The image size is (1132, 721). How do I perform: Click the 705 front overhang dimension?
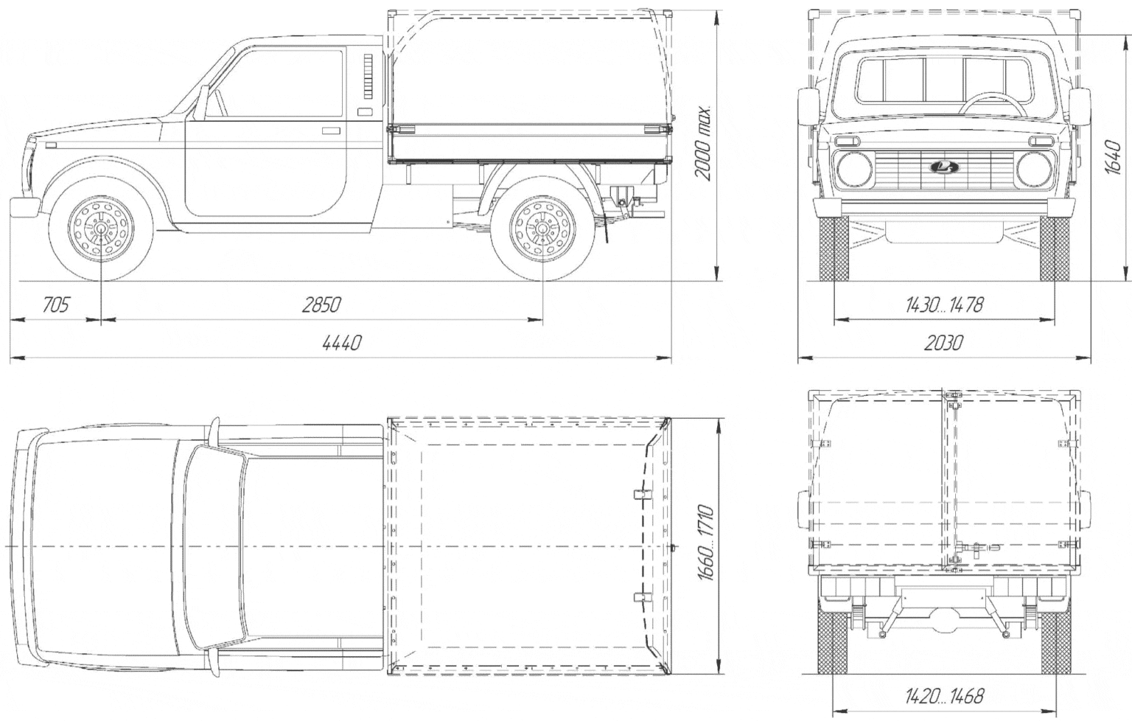pos(55,305)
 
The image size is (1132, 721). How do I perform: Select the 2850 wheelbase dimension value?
pos(321,305)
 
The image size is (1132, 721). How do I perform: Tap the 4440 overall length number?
pos(342,344)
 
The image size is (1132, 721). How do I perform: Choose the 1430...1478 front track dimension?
pos(944,305)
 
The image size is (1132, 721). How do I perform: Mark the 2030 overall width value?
pos(943,344)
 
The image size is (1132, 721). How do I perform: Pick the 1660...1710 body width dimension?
pos(705,543)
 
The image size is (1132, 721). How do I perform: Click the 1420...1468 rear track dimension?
pos(944,696)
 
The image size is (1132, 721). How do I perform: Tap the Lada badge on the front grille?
pos(943,167)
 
